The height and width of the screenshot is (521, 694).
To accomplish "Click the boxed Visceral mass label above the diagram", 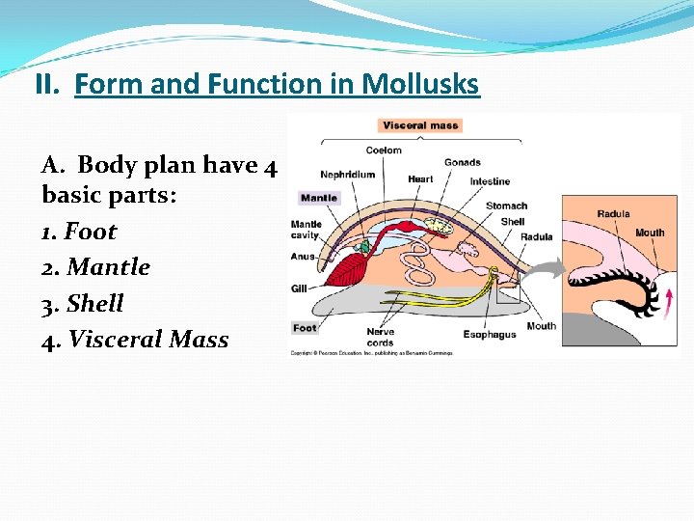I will [x=421, y=125].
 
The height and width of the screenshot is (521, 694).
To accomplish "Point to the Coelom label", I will [x=384, y=151].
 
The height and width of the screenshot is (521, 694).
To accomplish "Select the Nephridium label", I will [x=348, y=175].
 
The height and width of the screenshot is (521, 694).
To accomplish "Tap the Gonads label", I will [x=463, y=162].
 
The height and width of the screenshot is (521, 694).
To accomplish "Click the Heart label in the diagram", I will [x=420, y=179].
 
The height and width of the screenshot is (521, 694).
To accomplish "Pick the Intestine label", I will [x=490, y=181].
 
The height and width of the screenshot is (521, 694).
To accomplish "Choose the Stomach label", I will [x=506, y=206].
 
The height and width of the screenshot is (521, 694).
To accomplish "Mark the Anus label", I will [x=303, y=257].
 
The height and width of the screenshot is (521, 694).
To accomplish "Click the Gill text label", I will [x=299, y=288].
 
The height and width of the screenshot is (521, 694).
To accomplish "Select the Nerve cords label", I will [x=380, y=338].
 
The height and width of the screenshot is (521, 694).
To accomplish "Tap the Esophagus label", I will [x=489, y=335].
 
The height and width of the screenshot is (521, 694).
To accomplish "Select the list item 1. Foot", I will [x=79, y=232].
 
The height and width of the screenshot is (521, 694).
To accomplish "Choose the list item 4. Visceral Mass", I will [x=135, y=340].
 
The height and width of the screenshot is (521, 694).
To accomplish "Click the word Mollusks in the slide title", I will [x=420, y=85].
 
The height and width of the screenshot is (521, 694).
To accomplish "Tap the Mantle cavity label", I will [x=307, y=230].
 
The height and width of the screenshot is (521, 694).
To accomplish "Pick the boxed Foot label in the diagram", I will [x=306, y=328].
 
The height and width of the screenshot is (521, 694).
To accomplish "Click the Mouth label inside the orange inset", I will [x=650, y=233].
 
